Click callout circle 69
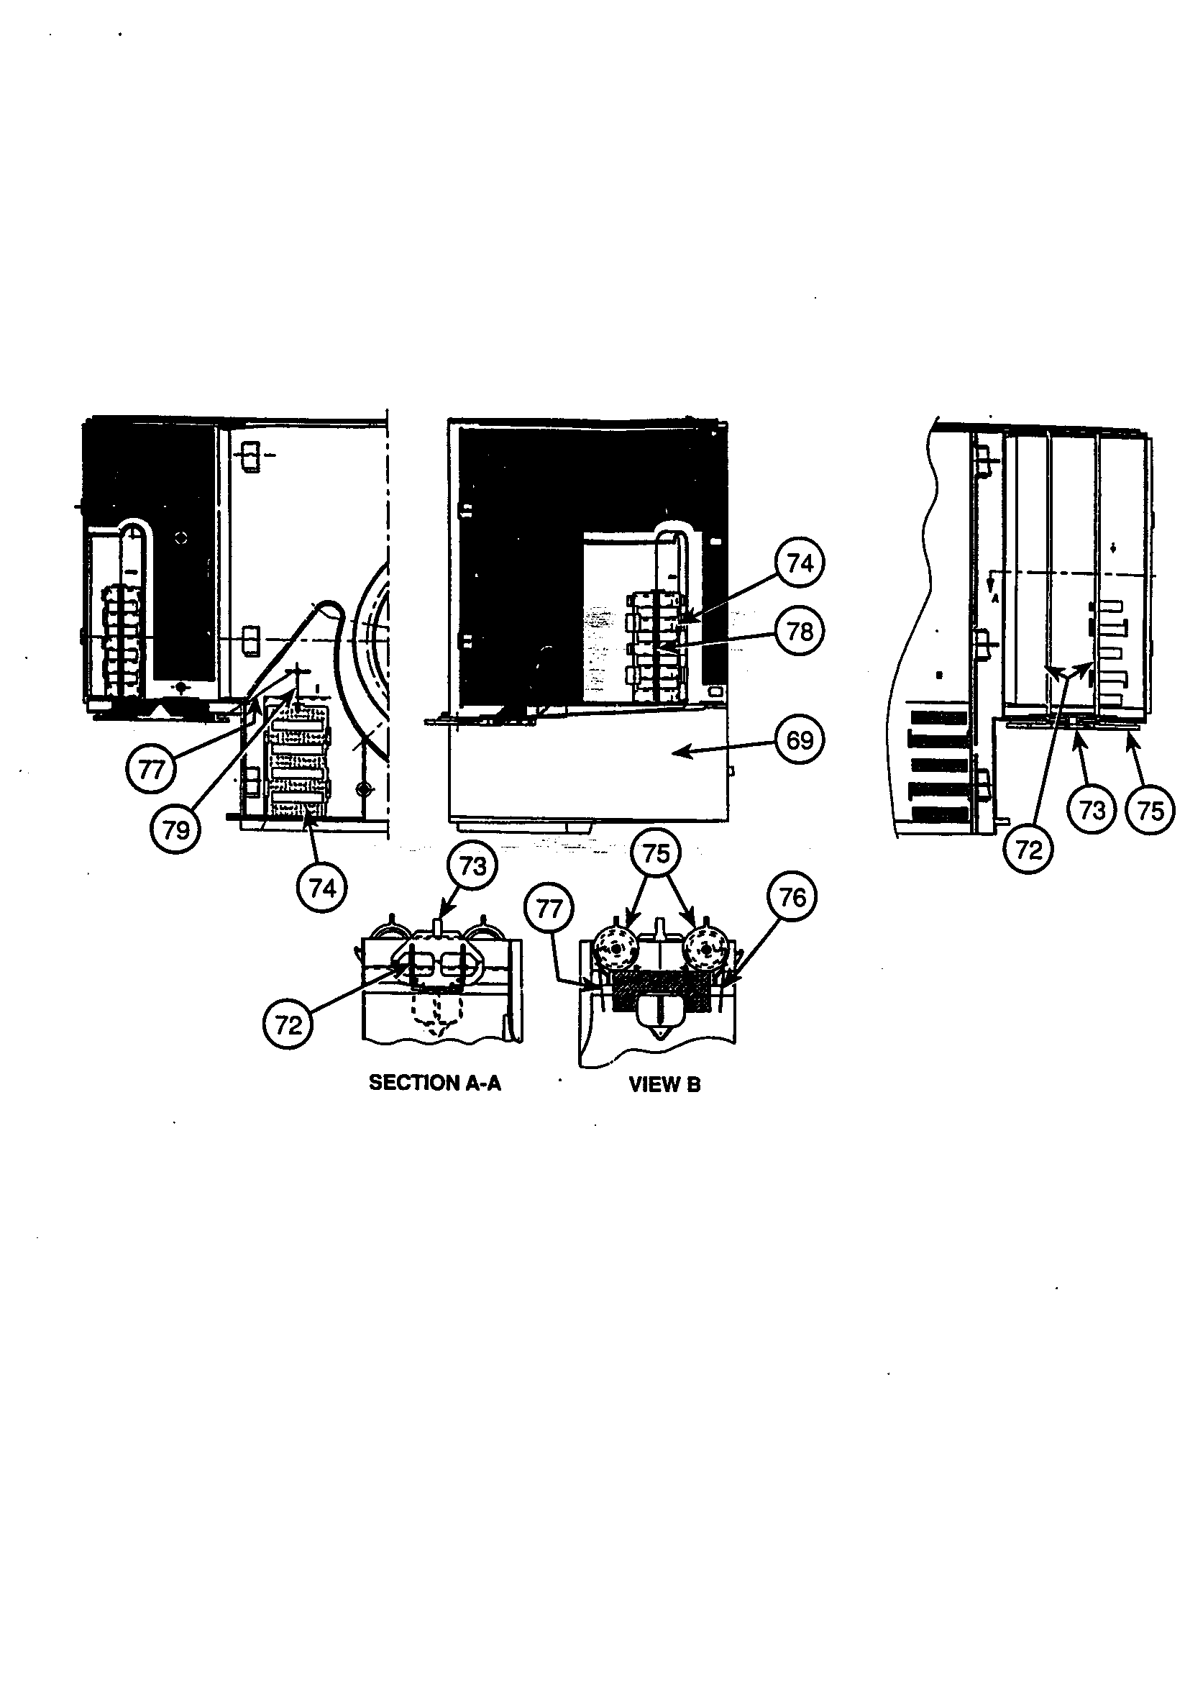pos(800,740)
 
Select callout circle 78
pos(800,631)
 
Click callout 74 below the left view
pos(322,888)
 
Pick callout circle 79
pos(175,830)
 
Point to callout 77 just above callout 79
pos(151,769)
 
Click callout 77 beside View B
pos(549,909)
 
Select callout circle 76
pos(792,897)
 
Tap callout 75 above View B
pos(656,853)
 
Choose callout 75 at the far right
pos(1150,810)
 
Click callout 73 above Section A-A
pos(472,866)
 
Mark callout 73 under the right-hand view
pos(1092,810)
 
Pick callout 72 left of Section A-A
pos(288,1024)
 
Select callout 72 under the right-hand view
pos(1028,850)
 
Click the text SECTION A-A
pos(435,1083)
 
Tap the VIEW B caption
pos(664,1084)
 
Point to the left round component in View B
pos(616,949)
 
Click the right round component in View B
pos(705,949)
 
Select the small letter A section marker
pos(995,598)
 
